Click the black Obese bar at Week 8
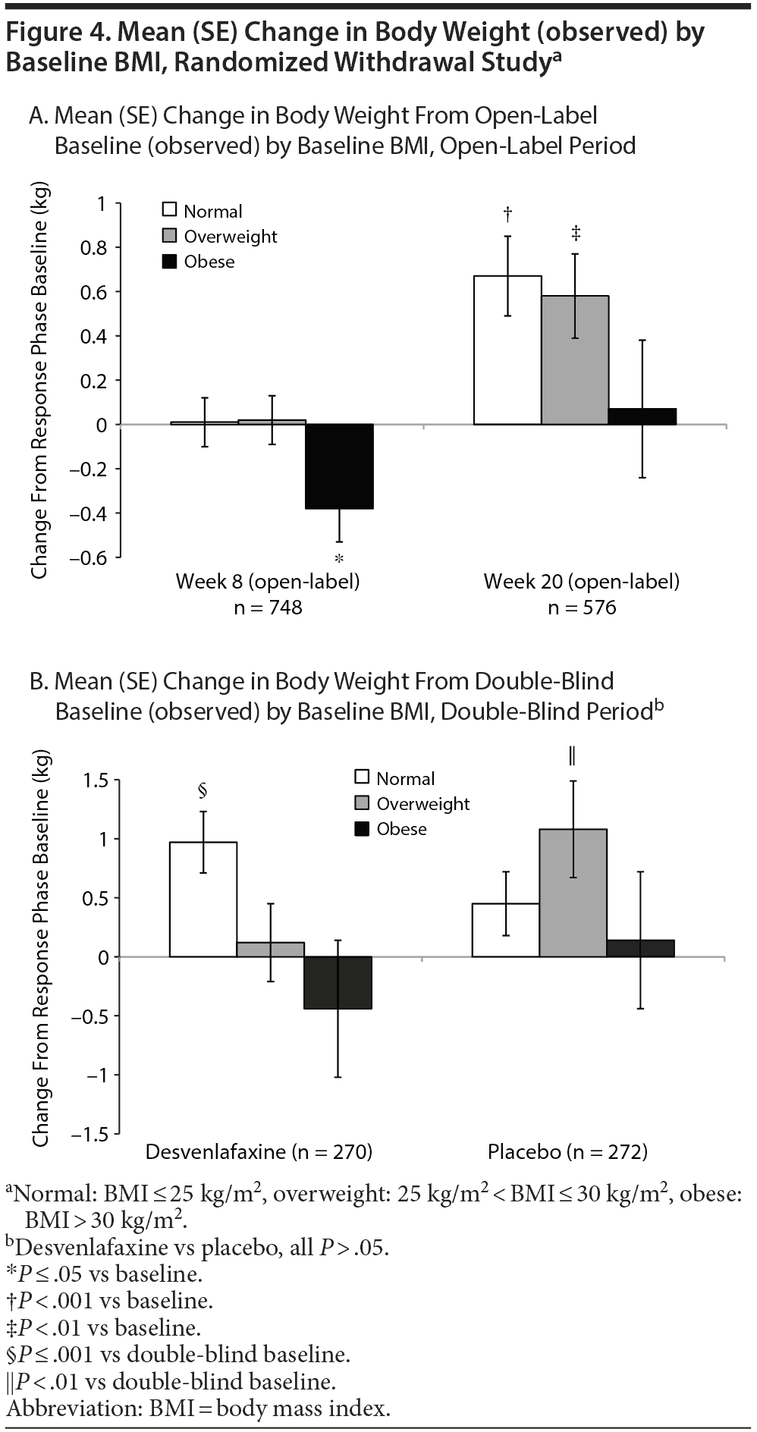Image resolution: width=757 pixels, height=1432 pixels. pos(339,466)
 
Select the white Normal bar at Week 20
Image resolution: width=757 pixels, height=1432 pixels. pos(507,350)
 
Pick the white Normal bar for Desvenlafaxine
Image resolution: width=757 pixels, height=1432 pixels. pos(203,899)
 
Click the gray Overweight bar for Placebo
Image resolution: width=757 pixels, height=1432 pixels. pos(573,893)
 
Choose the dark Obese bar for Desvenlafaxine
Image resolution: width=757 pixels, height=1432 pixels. pos(338,982)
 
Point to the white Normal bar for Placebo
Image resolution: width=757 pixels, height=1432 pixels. pos(505,930)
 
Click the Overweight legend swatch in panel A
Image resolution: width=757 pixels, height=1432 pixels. pos(170,237)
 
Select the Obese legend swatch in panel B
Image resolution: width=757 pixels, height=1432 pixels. pos(362,829)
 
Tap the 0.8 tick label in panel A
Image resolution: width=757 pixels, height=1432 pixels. pos(95,248)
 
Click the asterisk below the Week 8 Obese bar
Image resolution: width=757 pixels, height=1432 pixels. pos(339,560)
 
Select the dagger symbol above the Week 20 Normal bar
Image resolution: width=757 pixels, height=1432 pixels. pos(507,215)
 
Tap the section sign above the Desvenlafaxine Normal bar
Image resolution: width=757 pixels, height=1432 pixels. pos(203,791)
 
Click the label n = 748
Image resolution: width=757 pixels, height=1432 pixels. pos(268,608)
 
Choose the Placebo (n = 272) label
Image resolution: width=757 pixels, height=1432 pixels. pos(567,1152)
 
